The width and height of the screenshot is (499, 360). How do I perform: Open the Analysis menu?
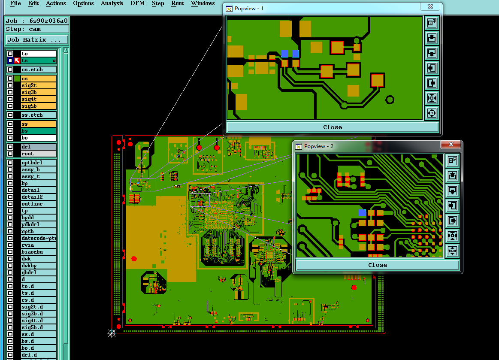(x=112, y=3)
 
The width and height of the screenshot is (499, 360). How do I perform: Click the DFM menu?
(x=137, y=3)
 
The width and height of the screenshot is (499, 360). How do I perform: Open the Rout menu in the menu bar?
(x=178, y=3)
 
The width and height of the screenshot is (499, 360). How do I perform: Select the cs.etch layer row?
(x=39, y=70)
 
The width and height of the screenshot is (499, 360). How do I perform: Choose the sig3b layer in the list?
(x=39, y=92)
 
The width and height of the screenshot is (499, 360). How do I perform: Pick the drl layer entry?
(x=39, y=147)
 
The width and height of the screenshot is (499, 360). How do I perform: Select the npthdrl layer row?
(x=39, y=163)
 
